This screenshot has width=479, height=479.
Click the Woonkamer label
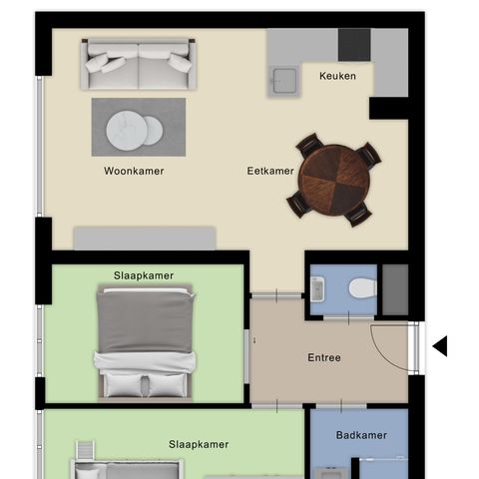[134, 171]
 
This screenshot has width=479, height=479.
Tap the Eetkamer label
[270, 171]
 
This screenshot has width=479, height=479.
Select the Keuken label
[337, 77]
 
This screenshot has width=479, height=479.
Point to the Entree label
[324, 358]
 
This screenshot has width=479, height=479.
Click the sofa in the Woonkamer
[139, 65]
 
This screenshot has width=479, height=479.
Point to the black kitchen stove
[354, 45]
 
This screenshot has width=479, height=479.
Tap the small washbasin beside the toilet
[317, 289]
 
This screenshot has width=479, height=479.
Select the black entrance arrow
[439, 346]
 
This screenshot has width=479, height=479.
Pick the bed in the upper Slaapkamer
[144, 341]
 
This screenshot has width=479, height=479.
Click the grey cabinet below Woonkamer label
[146, 238]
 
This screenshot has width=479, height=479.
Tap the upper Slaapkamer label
[144, 275]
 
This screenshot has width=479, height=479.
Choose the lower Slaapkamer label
[199, 444]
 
